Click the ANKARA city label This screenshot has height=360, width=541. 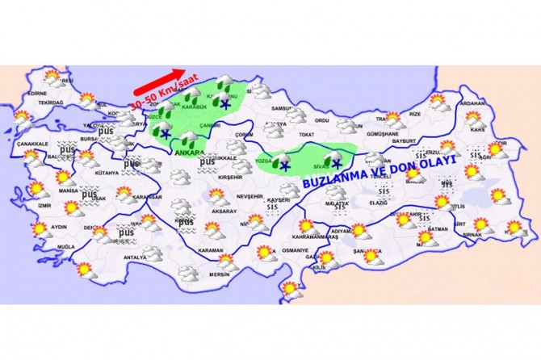coord(189,150)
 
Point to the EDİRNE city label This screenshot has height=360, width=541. coord(36,94)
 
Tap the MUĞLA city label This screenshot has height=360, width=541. coord(66,245)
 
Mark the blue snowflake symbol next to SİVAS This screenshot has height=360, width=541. coord(335,163)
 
